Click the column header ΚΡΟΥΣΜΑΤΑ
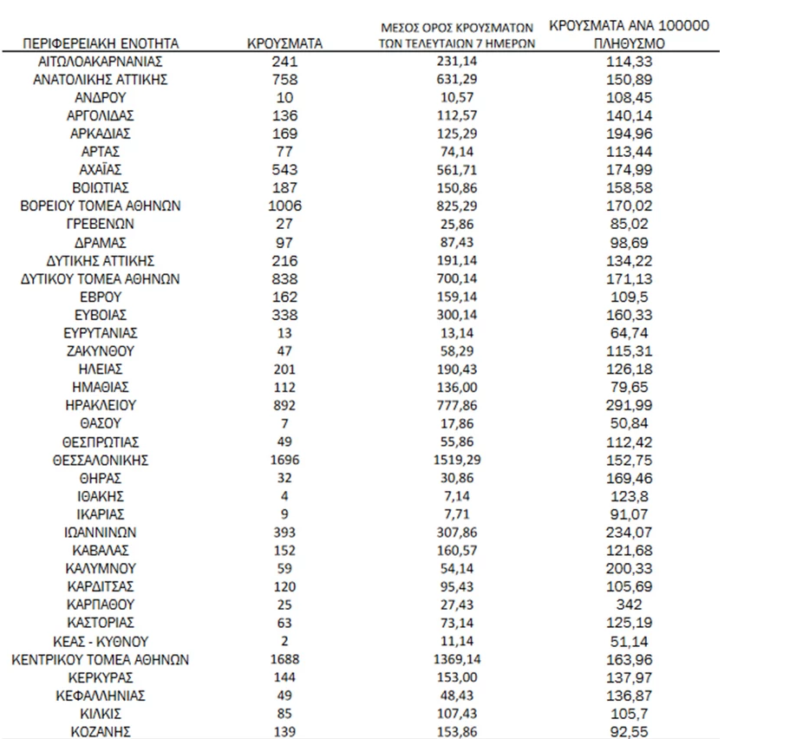[284, 42]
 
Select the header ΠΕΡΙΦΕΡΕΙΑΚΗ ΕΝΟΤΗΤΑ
[101, 42]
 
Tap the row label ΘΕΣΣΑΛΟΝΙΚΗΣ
[101, 460]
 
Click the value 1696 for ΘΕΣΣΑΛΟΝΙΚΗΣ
[284, 460]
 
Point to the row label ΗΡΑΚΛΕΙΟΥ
[101, 405]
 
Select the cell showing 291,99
[630, 405]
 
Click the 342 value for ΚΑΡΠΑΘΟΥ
[630, 605]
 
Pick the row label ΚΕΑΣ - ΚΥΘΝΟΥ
[101, 641]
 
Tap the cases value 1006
[284, 206]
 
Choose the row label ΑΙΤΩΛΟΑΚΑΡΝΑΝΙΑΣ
[101, 61]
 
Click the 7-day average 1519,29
[456, 460]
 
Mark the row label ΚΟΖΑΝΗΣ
[101, 731]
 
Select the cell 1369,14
[456, 659]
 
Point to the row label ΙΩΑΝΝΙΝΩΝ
[101, 533]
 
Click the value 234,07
[630, 533]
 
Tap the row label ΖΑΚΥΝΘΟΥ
[101, 351]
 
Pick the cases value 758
[284, 79]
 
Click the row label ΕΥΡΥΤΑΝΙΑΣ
[101, 333]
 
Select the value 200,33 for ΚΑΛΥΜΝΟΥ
[630, 568]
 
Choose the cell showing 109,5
[630, 297]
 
